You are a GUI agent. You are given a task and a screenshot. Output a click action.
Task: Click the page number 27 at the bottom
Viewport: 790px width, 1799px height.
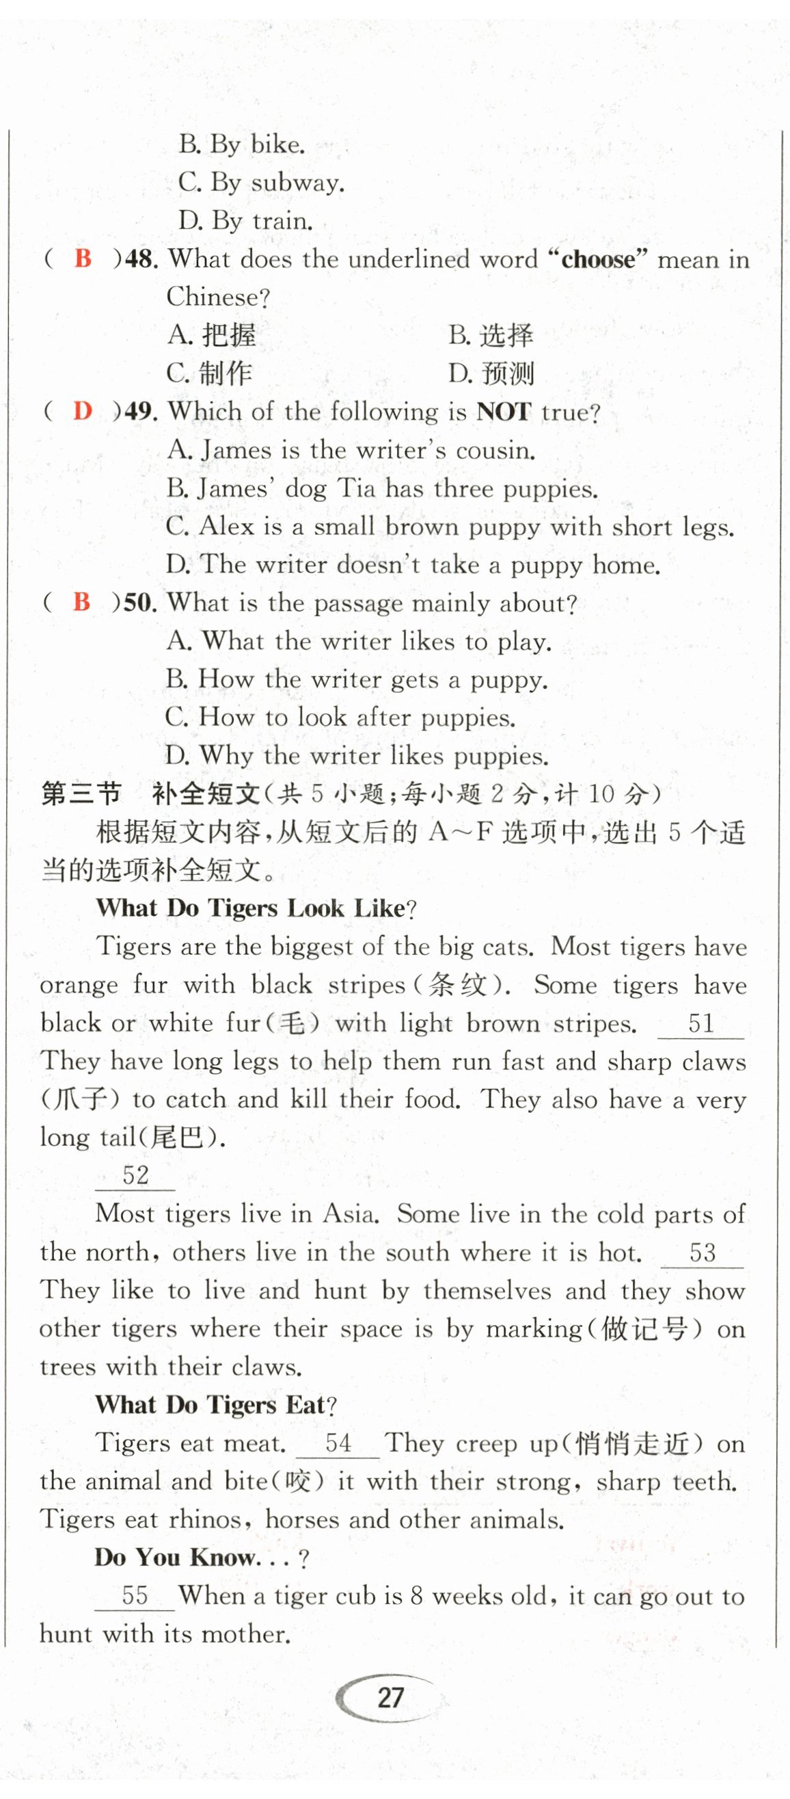tap(390, 1696)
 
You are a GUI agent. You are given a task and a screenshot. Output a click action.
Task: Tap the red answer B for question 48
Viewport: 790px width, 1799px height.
tap(83, 259)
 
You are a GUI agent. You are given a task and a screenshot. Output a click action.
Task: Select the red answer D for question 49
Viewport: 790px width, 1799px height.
tap(83, 410)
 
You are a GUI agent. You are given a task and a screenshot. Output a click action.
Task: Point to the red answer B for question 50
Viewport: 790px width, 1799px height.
tap(81, 601)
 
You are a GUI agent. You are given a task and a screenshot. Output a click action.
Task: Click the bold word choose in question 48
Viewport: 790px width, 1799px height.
tap(599, 260)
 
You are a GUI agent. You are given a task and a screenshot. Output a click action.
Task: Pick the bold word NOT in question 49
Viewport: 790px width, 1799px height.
tap(503, 411)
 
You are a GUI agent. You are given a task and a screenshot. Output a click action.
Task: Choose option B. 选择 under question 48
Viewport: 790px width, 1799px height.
tap(491, 335)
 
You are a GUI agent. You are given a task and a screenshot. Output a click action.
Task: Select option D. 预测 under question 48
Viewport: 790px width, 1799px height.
tap(491, 373)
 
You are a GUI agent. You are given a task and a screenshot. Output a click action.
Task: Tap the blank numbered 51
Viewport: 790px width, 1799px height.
tap(700, 1024)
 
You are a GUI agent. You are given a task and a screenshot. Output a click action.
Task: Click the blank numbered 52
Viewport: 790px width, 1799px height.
tap(135, 1174)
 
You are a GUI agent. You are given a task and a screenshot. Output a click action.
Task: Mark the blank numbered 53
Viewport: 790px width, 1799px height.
tap(702, 1252)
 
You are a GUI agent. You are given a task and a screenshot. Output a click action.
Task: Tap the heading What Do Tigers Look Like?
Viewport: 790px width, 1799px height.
tap(256, 908)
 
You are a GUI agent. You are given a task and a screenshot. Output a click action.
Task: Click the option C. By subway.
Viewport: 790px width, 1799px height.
tap(261, 183)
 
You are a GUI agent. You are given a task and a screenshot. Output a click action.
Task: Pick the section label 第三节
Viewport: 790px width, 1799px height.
tap(81, 794)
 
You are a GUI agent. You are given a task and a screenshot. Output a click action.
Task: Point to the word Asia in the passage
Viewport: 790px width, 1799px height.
tap(351, 1213)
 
